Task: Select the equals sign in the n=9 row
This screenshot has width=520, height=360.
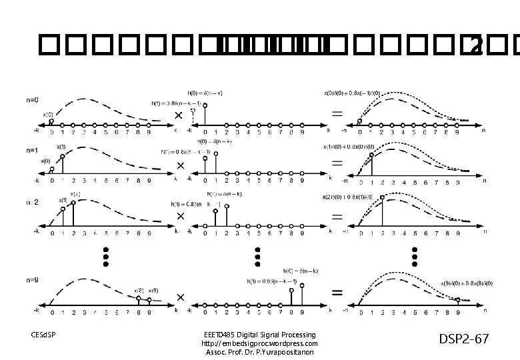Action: pyautogui.click(x=338, y=292)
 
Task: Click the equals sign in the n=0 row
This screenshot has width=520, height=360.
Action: pyautogui.click(x=337, y=115)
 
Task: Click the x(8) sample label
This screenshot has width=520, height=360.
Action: pyautogui.click(x=138, y=291)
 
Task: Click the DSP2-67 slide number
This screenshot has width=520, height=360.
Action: pyautogui.click(x=463, y=339)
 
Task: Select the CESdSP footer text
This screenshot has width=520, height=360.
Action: pyautogui.click(x=43, y=334)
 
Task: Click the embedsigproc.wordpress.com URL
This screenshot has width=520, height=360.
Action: pyautogui.click(x=259, y=343)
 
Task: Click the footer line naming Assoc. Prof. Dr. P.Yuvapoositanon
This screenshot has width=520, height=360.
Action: pyautogui.click(x=259, y=351)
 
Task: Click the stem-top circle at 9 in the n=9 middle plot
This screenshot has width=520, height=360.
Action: pyautogui.click(x=303, y=285)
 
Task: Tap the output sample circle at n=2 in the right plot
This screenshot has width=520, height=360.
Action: pyautogui.click(x=382, y=197)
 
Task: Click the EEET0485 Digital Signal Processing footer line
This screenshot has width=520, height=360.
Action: pyautogui.click(x=259, y=334)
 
